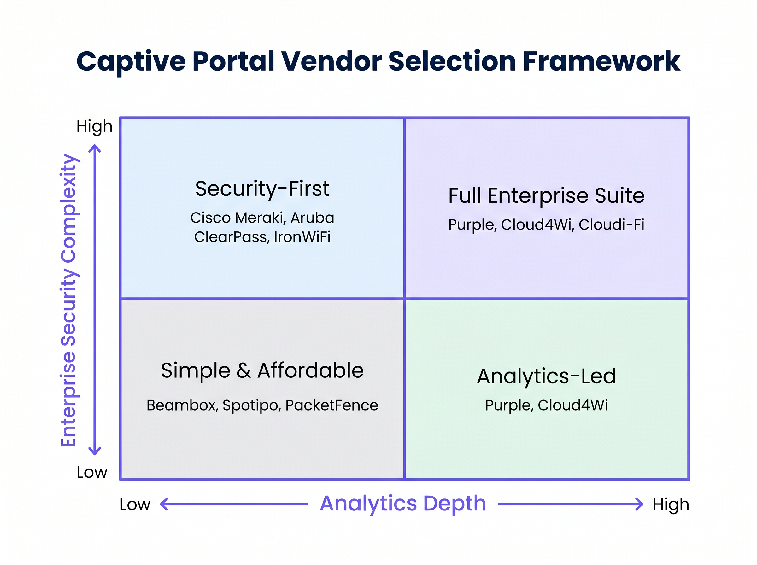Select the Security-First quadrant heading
[x=262, y=189]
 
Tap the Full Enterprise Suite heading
[x=546, y=195]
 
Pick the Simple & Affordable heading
[x=262, y=370]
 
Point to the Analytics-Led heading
[x=546, y=376]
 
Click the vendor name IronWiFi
[x=302, y=237]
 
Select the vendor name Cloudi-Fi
[x=611, y=224]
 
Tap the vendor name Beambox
[x=182, y=405]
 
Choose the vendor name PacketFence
[x=332, y=405]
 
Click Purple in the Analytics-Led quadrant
[x=509, y=405]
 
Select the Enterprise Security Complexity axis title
[x=68, y=300]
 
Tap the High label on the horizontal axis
[x=671, y=504]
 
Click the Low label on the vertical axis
[x=92, y=472]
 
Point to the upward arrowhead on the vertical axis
[x=95, y=148]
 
